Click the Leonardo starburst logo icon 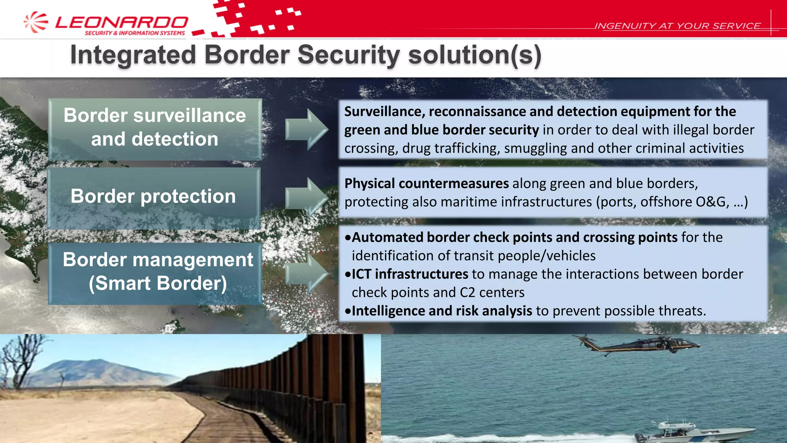pyautogui.click(x=36, y=22)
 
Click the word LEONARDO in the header pyautogui.click(x=121, y=22)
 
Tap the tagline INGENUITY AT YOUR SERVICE pyautogui.click(x=677, y=26)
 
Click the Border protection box pyautogui.click(x=153, y=197)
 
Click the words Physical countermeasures pyautogui.click(x=427, y=183)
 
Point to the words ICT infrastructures pyautogui.click(x=410, y=274)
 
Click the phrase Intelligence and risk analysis pyautogui.click(x=442, y=311)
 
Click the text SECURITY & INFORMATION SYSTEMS pyautogui.click(x=135, y=33)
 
